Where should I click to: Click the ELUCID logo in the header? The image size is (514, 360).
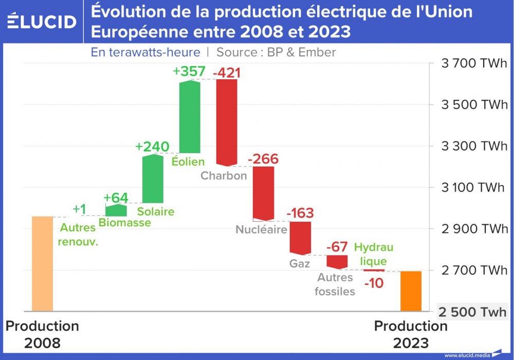(42, 22)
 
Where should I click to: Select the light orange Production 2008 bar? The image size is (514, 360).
(42, 263)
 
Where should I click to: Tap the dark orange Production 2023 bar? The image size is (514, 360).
(411, 291)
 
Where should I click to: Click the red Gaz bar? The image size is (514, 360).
(300, 238)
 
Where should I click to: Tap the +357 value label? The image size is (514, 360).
(189, 71)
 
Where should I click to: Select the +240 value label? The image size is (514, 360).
(152, 147)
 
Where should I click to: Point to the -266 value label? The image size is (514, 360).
(263, 159)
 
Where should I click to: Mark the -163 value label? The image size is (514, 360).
(300, 213)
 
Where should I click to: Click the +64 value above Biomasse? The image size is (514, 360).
(116, 198)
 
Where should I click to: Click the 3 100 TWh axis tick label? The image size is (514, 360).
(473, 187)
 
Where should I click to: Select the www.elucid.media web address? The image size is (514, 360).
(467, 355)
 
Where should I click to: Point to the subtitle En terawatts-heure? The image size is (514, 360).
(145, 52)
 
